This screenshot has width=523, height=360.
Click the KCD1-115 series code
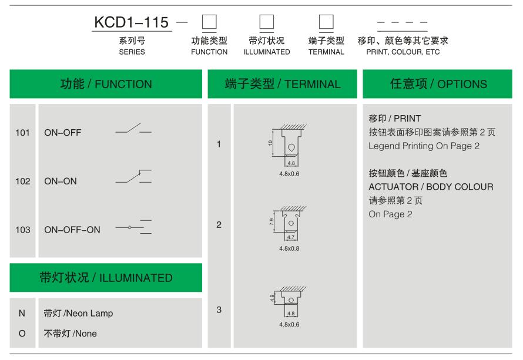point(132,22)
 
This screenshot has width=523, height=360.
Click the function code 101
point(22,133)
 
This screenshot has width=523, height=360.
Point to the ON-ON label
point(61,181)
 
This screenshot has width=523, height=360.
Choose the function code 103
point(23,230)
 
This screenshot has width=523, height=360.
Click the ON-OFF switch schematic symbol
point(133,129)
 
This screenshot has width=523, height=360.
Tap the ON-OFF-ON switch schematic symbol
point(133,227)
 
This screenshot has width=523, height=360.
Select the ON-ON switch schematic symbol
point(133,176)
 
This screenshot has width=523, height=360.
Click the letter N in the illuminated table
point(22,314)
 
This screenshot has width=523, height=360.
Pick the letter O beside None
point(22,334)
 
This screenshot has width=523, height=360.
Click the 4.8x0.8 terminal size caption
point(289,248)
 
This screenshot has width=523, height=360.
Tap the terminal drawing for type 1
point(288,145)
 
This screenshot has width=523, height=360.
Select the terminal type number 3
point(219,309)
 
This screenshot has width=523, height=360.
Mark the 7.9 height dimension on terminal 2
point(271,221)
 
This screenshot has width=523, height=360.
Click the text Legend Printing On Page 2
point(424,146)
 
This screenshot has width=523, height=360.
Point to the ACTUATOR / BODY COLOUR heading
point(431,187)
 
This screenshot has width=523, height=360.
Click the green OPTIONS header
point(437,84)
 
